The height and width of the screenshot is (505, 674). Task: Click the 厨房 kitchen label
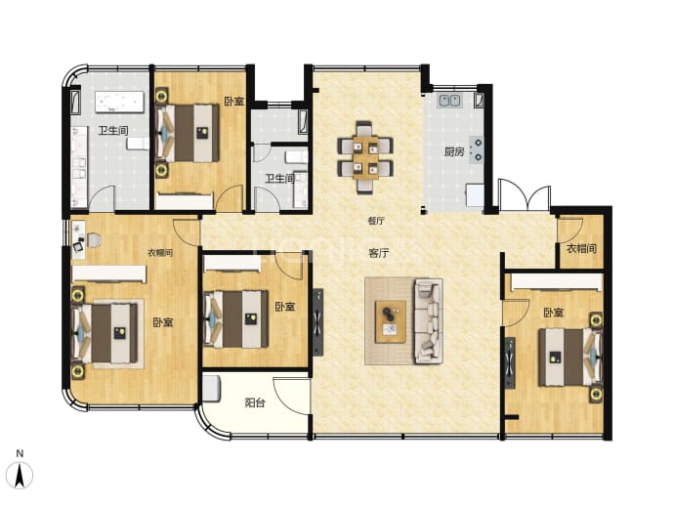pyautogui.click(x=454, y=151)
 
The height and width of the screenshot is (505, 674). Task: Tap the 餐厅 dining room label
pyautogui.click(x=376, y=221)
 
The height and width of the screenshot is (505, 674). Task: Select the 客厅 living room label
pyautogui.click(x=379, y=253)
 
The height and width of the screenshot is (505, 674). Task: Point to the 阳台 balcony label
pyautogui.click(x=255, y=402)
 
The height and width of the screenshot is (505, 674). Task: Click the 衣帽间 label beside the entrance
pyautogui.click(x=581, y=248)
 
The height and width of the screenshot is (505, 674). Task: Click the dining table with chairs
pyautogui.click(x=365, y=157)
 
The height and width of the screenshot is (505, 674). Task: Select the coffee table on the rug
pyautogui.click(x=391, y=321)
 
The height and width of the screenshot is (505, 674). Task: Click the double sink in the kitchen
pyautogui.click(x=449, y=101)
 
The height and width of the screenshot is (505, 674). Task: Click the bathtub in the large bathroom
pyautogui.click(x=119, y=102)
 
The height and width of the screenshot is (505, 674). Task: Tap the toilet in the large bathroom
pyautogui.click(x=137, y=144)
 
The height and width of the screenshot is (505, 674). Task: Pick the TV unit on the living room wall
pyautogui.click(x=317, y=322)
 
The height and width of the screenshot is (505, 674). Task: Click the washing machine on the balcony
pyautogui.click(x=212, y=389)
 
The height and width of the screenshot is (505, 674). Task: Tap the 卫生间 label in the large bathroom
pyautogui.click(x=113, y=130)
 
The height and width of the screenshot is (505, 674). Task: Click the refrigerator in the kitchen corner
pyautogui.click(x=476, y=195)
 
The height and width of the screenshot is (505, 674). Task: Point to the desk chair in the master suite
pyautogui.click(x=94, y=240)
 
